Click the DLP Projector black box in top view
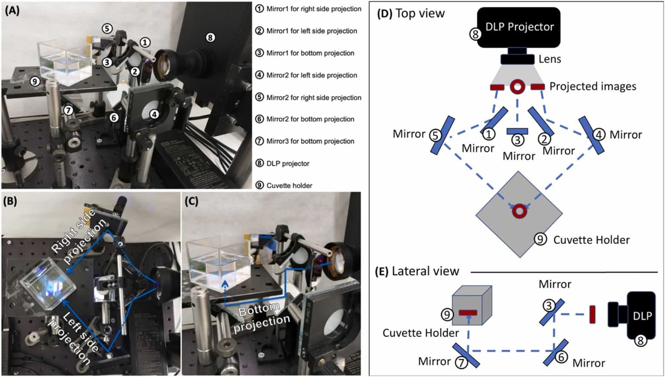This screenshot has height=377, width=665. (x=519, y=27)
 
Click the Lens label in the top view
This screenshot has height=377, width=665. (x=549, y=59)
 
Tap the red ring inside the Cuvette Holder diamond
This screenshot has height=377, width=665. (x=519, y=211)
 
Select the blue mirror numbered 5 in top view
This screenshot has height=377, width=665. (x=442, y=135)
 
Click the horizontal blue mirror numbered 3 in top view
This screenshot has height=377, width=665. (x=517, y=131)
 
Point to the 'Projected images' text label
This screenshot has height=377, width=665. (x=592, y=86)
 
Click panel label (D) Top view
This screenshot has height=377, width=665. (x=410, y=13)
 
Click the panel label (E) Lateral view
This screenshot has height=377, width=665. (x=416, y=272)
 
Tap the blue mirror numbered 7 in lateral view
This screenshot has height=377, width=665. (x=466, y=355)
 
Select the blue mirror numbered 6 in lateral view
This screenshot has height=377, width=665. (x=556, y=352)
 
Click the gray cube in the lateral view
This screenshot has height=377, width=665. (x=471, y=305)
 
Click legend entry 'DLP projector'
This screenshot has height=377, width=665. (x=287, y=163)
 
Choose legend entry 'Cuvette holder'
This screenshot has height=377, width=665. (x=289, y=185)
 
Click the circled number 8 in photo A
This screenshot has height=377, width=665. (x=210, y=38)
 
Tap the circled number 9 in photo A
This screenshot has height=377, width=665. (x=35, y=81)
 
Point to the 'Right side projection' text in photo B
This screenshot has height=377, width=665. (x=78, y=236)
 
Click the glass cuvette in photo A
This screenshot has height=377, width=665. (x=65, y=63)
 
